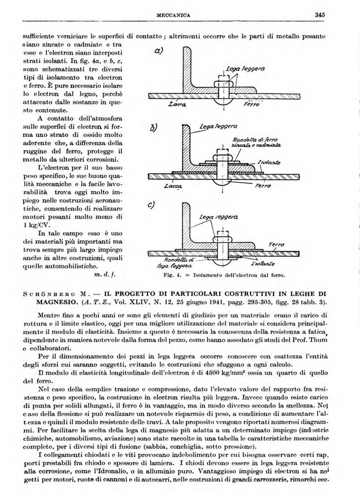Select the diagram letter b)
coord(156,131)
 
